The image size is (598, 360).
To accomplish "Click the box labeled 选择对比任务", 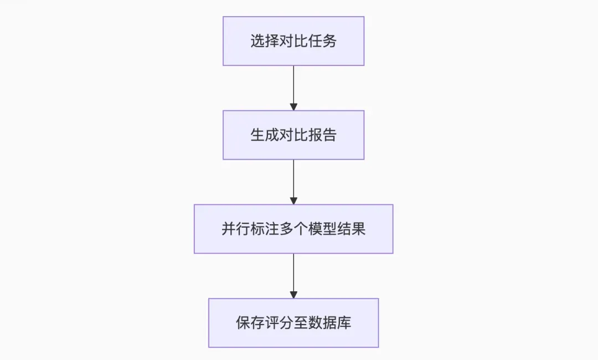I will (x=293, y=41).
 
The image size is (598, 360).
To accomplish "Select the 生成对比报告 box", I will (x=293, y=135).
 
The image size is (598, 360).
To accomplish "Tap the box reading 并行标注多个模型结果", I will (x=293, y=229).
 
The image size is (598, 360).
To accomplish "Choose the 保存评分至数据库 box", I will (x=293, y=323).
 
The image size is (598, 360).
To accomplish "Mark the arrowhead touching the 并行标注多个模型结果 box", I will (x=293, y=200).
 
